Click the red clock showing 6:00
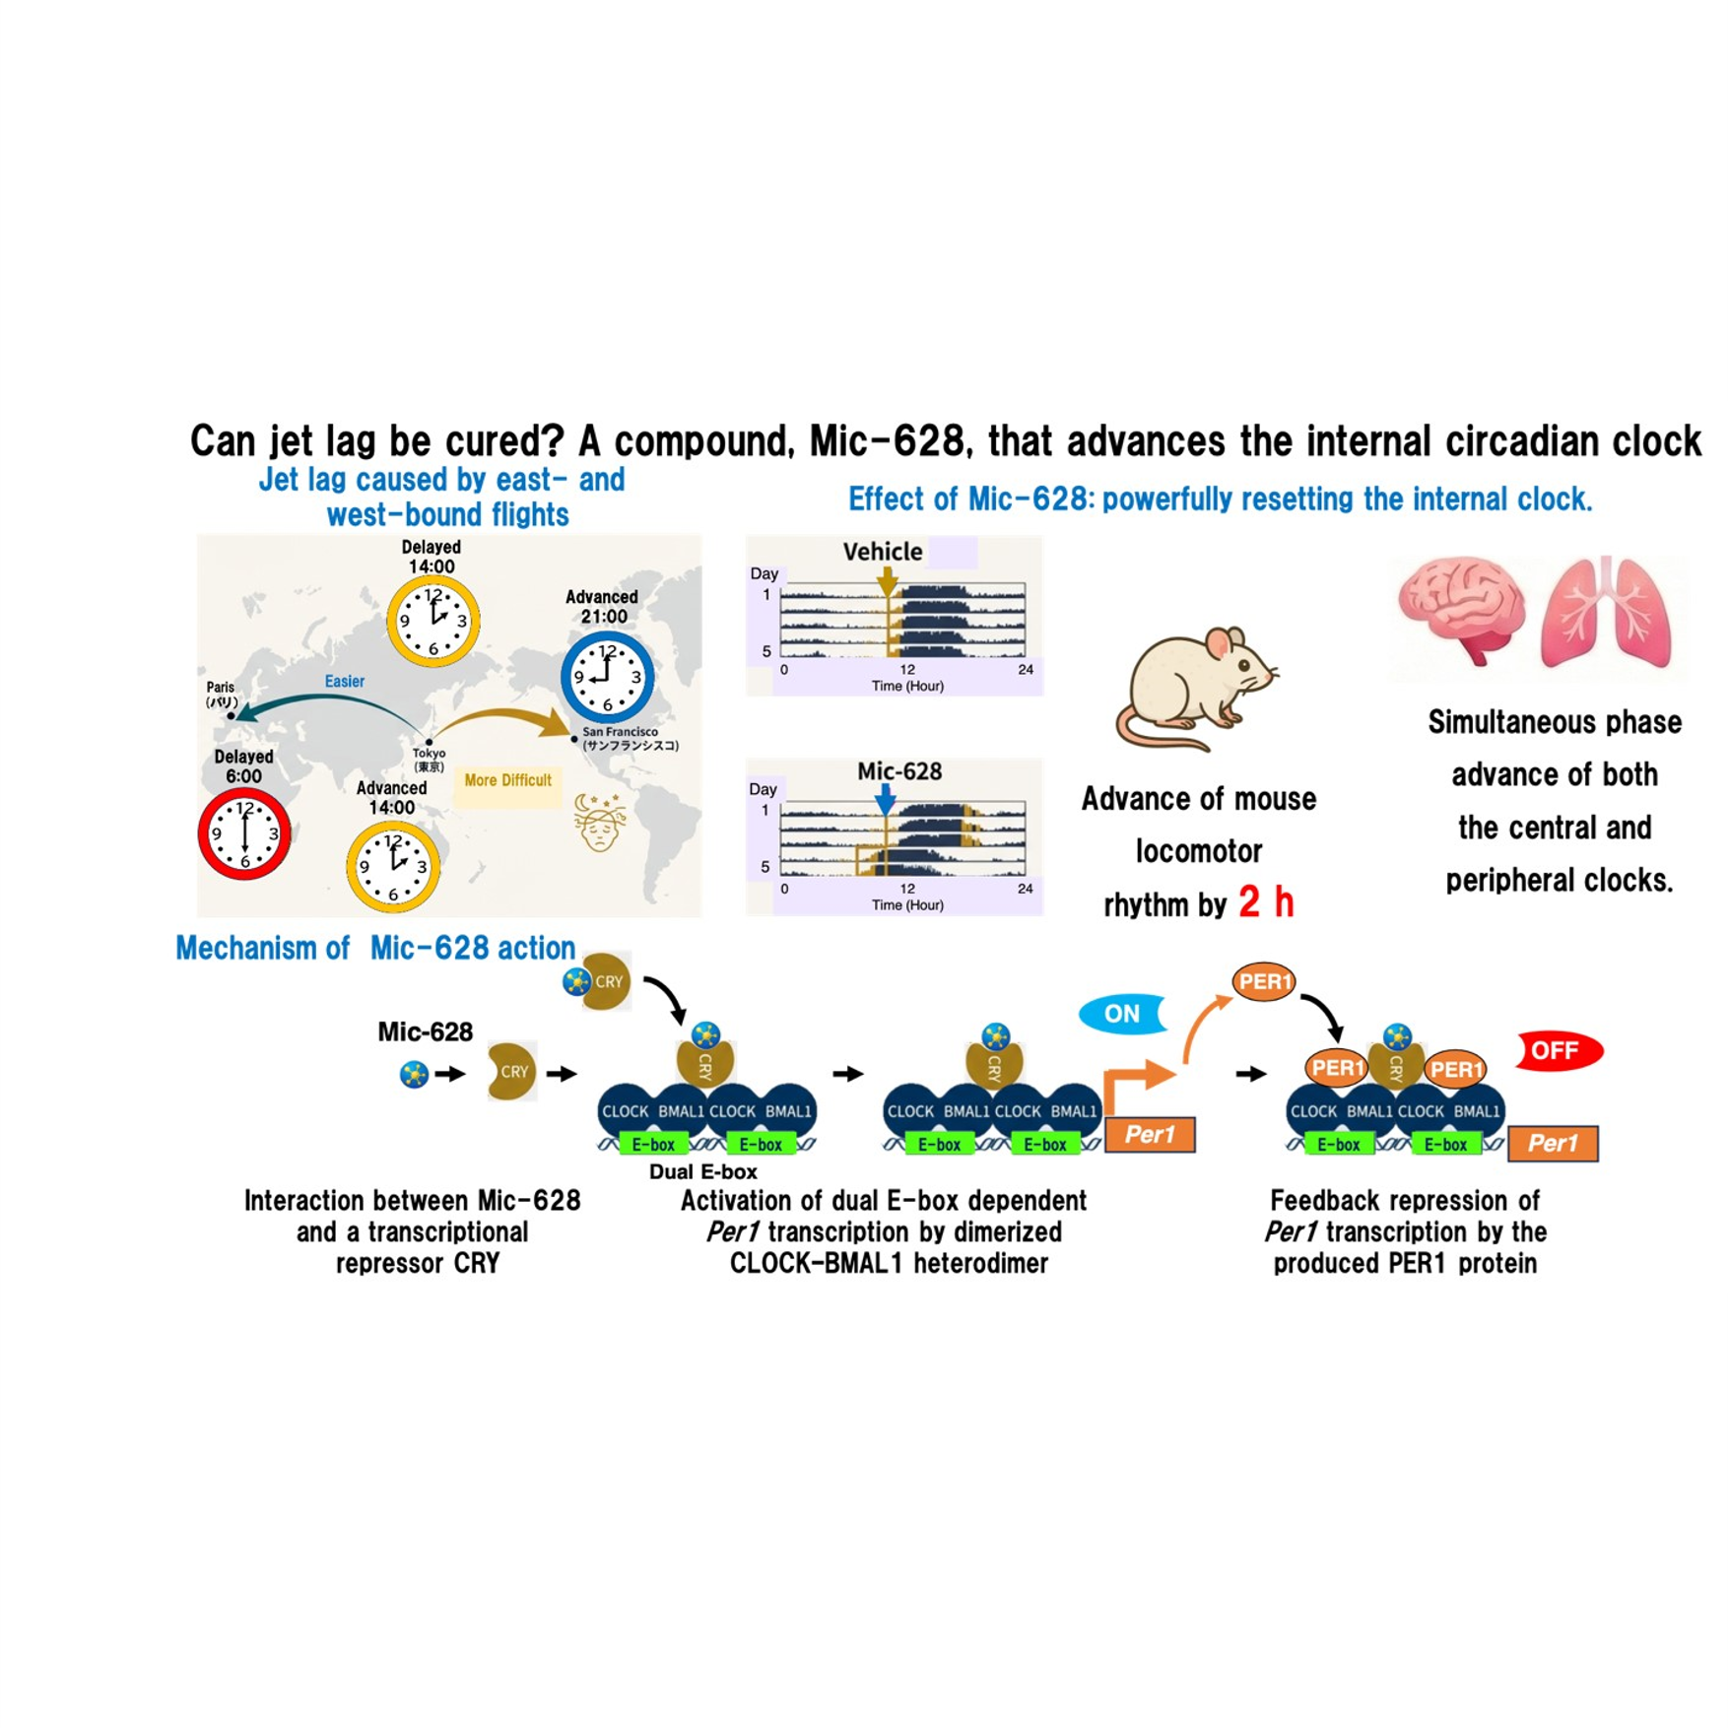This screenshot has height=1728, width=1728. click(x=244, y=834)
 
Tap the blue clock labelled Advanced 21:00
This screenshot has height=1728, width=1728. click(x=607, y=677)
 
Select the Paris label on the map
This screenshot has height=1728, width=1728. click(x=221, y=694)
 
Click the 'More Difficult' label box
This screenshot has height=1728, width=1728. click(x=507, y=780)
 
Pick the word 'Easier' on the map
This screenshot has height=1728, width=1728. click(x=344, y=681)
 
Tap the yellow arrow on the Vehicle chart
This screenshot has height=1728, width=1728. click(x=887, y=580)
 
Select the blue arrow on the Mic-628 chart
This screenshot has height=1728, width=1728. click(x=886, y=799)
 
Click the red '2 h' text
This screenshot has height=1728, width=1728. click(x=1266, y=901)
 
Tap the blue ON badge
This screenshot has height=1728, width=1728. click(x=1122, y=1014)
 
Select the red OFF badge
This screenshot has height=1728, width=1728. click(x=1557, y=1051)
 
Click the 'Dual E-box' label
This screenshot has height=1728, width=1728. click(x=702, y=1171)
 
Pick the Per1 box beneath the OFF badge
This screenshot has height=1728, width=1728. click(x=1553, y=1143)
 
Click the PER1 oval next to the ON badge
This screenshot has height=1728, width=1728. click(x=1264, y=981)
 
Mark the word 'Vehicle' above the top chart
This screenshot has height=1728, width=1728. click(x=882, y=552)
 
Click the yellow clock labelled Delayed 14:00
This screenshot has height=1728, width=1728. click(x=432, y=621)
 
